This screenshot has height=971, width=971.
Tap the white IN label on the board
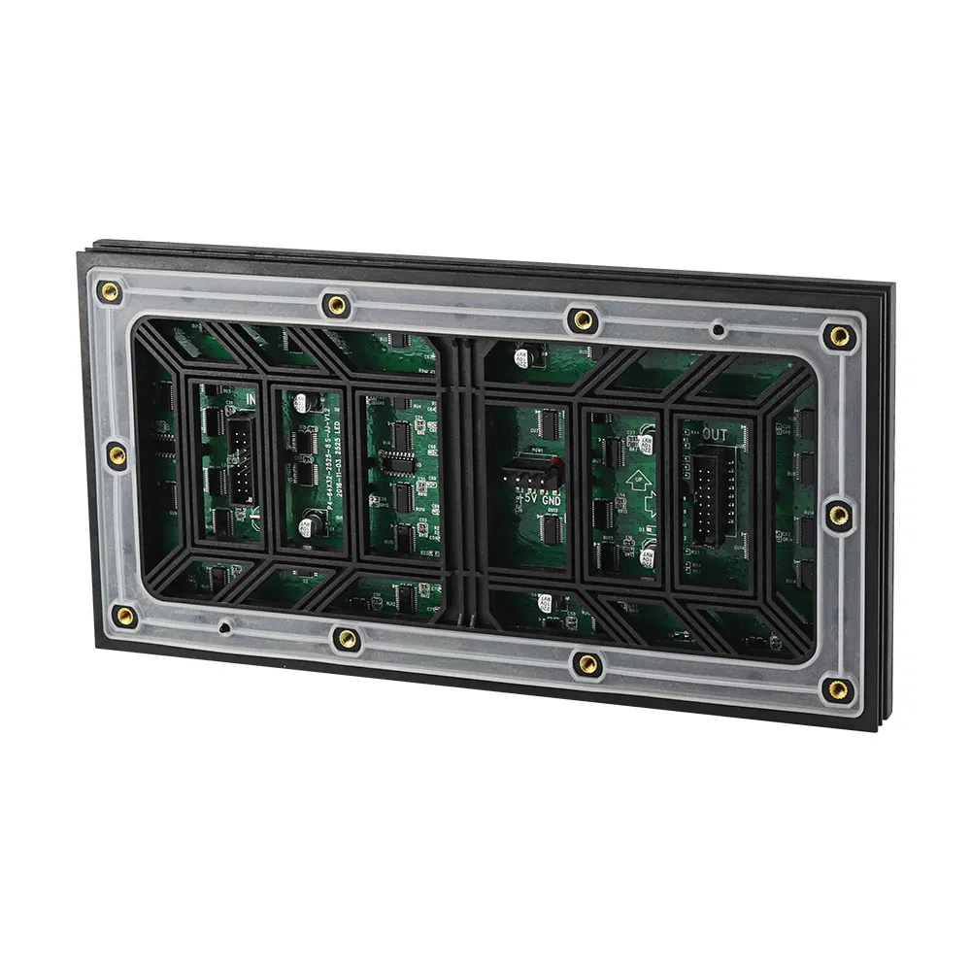(251, 398)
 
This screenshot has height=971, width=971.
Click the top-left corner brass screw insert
(112, 289)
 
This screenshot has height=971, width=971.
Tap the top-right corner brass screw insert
(837, 336)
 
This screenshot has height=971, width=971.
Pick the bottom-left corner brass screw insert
(124, 614)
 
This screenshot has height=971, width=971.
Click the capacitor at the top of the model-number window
(304, 401)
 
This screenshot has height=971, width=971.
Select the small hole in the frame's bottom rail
(225, 626)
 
